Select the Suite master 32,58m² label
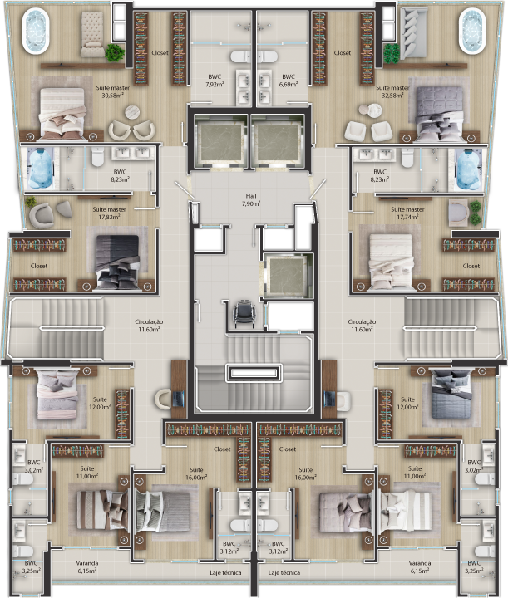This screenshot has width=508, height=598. click(x=392, y=91)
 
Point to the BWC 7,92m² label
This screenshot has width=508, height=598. click(x=215, y=81)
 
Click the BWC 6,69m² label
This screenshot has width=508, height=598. click(x=289, y=81)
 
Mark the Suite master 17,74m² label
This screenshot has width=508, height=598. click(x=407, y=213)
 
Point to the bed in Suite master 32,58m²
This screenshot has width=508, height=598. click(x=437, y=112)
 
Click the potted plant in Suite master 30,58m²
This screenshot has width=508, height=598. click(x=114, y=52)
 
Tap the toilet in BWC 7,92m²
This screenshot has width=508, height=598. click(x=241, y=56)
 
